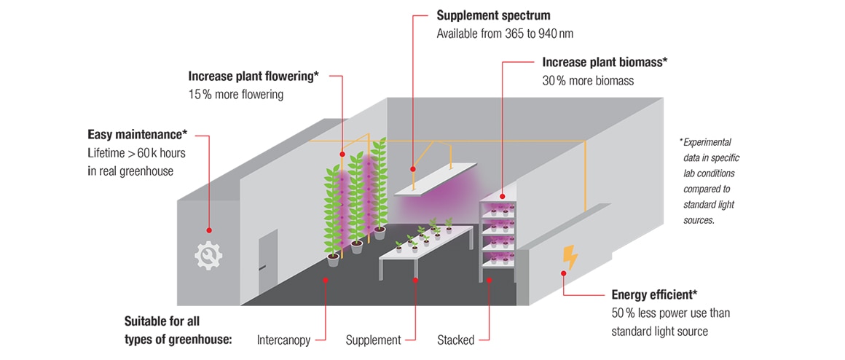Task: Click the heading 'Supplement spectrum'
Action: point(493,15)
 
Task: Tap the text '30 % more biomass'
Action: point(588,81)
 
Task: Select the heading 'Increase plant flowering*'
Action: point(253,76)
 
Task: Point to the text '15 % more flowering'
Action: point(236,94)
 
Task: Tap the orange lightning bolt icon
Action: point(570,257)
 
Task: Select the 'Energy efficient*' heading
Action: point(655,294)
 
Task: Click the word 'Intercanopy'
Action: point(284,340)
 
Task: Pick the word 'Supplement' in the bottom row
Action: point(373,340)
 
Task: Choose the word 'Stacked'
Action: point(456,340)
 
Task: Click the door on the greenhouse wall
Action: point(267,259)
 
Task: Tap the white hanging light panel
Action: point(435,179)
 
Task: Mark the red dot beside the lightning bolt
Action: point(562,274)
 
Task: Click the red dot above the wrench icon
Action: point(209,229)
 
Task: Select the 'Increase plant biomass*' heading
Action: point(605,63)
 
